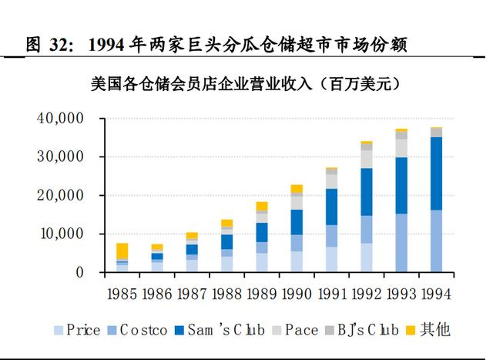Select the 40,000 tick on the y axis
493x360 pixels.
(x=59, y=119)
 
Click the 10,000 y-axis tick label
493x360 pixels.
(x=59, y=234)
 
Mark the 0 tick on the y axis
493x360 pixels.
(x=79, y=273)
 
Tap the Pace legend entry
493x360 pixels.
(x=295, y=331)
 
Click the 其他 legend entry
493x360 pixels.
(x=431, y=331)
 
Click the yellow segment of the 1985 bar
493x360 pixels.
(x=122, y=251)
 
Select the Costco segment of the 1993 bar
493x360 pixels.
(x=401, y=242)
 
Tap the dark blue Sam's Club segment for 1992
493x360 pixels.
(x=367, y=191)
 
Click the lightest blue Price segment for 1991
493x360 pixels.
(x=331, y=259)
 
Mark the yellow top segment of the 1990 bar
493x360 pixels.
(x=297, y=189)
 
